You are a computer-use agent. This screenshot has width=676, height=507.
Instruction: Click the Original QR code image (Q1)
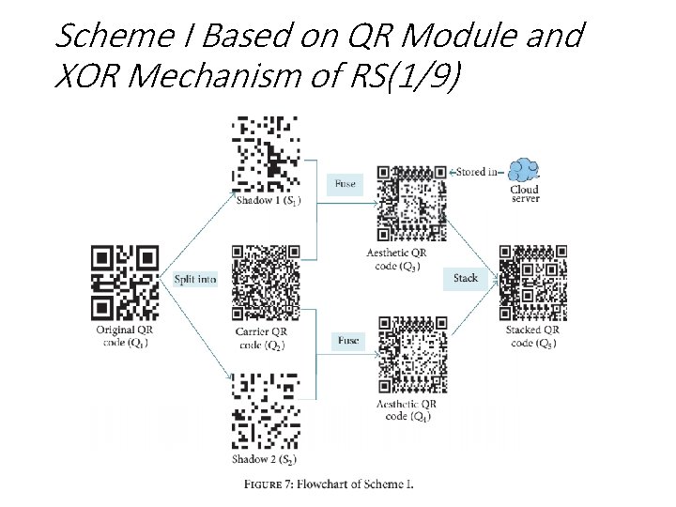click(125, 283)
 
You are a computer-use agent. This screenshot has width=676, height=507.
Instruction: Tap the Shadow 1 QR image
click(267, 152)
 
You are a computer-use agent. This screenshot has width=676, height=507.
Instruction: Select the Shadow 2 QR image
click(267, 412)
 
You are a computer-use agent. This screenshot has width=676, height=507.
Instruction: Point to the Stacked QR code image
click(532, 283)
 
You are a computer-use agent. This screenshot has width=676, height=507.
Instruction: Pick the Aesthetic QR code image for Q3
click(411, 203)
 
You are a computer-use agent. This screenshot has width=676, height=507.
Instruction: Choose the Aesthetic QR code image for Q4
click(411, 354)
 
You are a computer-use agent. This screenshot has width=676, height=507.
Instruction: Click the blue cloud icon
click(523, 170)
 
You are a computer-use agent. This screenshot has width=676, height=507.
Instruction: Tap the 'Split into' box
click(194, 279)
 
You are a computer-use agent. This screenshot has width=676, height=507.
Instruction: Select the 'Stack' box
click(466, 278)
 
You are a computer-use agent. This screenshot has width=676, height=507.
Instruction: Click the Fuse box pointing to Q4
click(347, 340)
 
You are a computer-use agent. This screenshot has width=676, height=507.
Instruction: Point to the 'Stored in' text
click(477, 172)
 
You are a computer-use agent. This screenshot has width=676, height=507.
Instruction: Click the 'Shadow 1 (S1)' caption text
click(269, 201)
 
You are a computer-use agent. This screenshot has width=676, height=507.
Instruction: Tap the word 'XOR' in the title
click(88, 78)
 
